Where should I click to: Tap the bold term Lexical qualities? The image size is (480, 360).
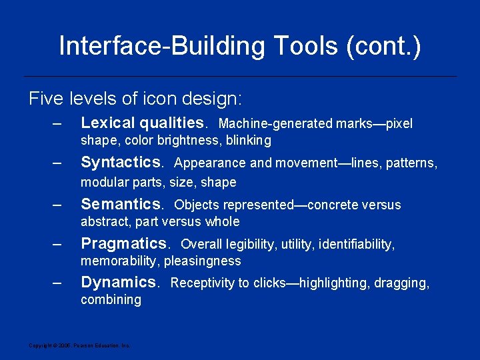coord(142,123)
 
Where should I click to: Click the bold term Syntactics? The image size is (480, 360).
coord(121,162)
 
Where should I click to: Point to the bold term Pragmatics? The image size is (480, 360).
coord(123,243)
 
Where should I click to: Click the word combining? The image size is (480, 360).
coord(111,299)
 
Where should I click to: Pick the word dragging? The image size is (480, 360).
coord(402,283)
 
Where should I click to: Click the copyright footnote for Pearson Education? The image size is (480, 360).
coord(79,345)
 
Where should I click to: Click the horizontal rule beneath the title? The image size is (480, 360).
coord(240,76)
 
